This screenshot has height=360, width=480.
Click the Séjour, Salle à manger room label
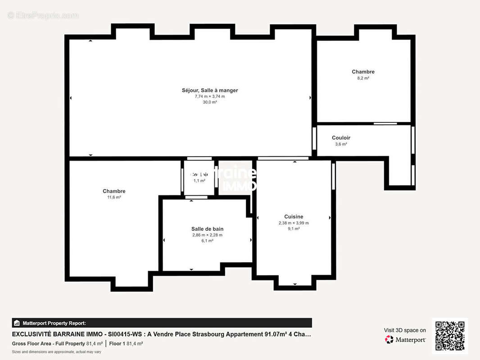(210, 90)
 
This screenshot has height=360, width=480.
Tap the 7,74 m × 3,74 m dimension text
(210, 96)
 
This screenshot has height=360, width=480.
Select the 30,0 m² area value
(210, 102)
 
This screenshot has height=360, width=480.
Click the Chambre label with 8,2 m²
(363, 72)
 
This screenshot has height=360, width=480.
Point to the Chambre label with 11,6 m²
(114, 191)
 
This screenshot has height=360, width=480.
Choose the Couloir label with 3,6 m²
(341, 138)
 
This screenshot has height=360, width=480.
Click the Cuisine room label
(294, 216)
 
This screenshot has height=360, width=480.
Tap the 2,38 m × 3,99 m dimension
(294, 223)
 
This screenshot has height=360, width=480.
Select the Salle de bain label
(207, 229)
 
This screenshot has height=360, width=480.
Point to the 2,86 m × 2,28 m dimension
(207, 235)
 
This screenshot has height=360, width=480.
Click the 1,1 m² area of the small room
(199, 180)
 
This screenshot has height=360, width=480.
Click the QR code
(450, 336)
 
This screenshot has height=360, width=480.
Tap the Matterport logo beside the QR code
(405, 340)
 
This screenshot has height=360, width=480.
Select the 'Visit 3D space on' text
(405, 330)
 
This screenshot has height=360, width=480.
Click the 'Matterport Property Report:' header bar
(162, 323)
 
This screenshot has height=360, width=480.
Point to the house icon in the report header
(17, 323)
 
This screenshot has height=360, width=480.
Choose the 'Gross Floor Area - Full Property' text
(48, 343)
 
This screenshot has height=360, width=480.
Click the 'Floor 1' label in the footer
(117, 343)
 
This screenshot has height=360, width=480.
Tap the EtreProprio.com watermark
(43, 15)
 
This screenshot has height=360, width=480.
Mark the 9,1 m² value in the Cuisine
(294, 229)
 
